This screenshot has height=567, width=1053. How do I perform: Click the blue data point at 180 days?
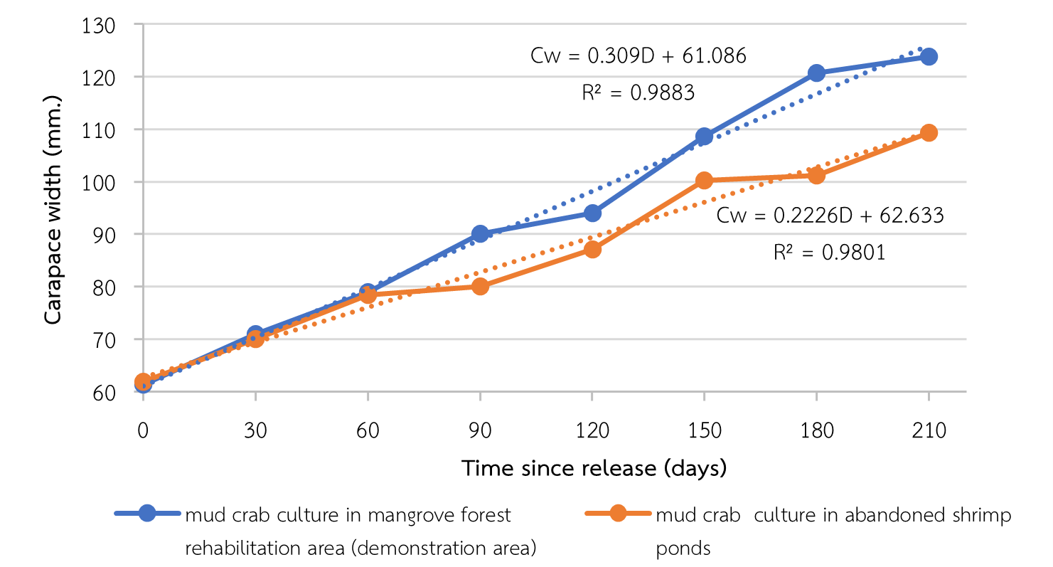pos(816,73)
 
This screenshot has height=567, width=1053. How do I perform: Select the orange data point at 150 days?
pos(704,181)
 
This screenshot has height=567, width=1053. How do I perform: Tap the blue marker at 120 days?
pos(592,213)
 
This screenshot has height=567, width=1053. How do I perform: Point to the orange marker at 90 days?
pos(480,286)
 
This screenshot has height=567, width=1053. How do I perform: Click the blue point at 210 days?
pos(929,56)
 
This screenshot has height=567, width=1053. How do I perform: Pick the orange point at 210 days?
pos(929,132)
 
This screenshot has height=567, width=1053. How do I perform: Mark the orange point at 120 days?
pos(592,249)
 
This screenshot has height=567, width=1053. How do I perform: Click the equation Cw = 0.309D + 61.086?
pos(638,56)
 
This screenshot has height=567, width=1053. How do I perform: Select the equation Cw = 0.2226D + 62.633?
pos(830,216)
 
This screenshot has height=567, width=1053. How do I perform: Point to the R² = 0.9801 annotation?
pos(829,252)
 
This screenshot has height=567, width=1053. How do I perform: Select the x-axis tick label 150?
pos(704,431)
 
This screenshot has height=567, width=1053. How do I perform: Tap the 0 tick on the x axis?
pos(144,431)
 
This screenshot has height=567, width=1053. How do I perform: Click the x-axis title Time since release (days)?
pos(594,468)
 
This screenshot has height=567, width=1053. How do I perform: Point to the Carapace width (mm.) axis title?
pos(53,208)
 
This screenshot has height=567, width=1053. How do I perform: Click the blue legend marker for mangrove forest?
pos(147,514)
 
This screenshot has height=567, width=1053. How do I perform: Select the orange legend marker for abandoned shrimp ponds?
pos(618,514)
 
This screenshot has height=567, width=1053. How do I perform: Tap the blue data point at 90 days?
pos(480,233)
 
